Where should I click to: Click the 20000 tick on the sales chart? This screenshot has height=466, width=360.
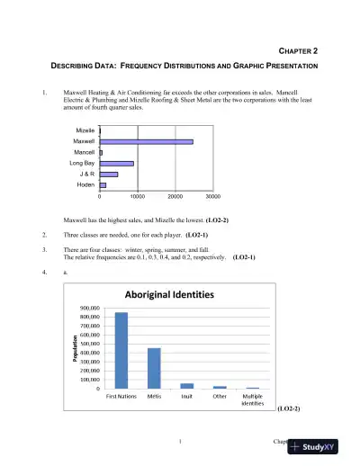175,196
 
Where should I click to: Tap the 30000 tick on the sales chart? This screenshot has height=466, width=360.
212,196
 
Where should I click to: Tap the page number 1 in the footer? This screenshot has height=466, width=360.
180,441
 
